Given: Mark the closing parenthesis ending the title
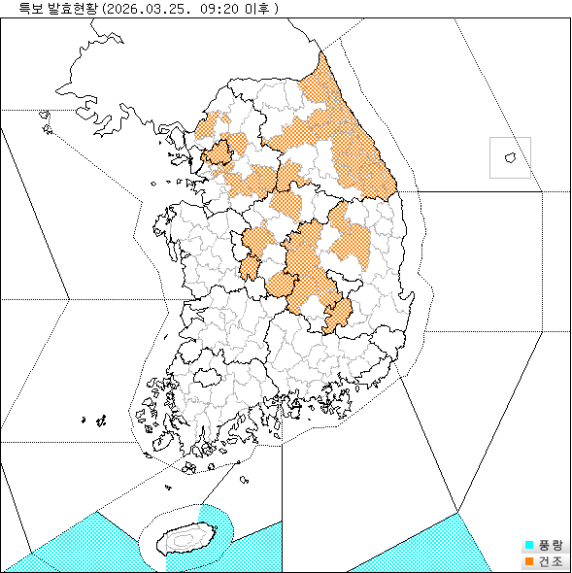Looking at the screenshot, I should [277, 9].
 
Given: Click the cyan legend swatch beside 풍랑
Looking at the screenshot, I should [528, 546].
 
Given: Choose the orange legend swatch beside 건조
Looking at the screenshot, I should [528, 560].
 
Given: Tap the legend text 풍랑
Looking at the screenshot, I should [550, 546].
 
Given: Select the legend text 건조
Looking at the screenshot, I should [550, 560].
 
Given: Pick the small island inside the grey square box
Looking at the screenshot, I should [509, 156].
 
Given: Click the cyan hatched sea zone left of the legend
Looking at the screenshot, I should [427, 549].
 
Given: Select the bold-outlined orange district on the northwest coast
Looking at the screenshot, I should [219, 152].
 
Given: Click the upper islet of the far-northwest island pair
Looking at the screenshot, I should [45, 115].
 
